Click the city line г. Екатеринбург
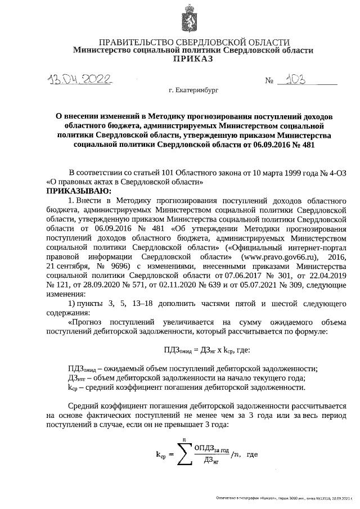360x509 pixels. tap(192, 89)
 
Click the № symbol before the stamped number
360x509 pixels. tap(269, 82)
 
